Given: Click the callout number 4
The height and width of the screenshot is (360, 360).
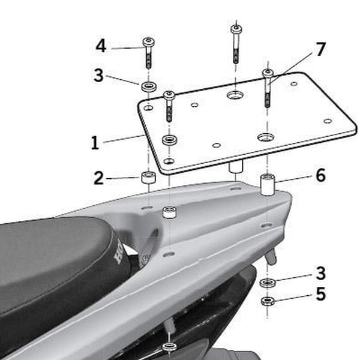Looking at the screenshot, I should [x=101, y=46].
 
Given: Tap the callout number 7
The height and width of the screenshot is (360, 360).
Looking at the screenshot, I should [x=321, y=49].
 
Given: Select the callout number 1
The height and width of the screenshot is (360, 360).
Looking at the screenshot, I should [x=95, y=143].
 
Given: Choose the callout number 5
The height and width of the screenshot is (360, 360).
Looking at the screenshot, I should [x=321, y=295].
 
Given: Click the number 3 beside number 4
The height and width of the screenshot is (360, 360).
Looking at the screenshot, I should [x=98, y=76].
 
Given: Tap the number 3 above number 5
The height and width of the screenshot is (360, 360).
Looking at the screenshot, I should [x=321, y=274].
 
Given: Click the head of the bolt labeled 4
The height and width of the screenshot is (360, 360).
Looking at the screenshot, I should [x=149, y=42].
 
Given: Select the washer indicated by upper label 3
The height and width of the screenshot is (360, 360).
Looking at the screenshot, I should [x=149, y=87].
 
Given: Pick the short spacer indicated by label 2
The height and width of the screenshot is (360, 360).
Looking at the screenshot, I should [x=148, y=178].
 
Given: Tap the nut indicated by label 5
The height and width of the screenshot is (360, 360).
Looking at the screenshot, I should [x=268, y=300].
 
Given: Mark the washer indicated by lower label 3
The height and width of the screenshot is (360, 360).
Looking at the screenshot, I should [x=268, y=282].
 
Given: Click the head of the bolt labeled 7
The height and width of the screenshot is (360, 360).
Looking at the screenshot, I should [x=268, y=73].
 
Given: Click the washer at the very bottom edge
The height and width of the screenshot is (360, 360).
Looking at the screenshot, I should [x=169, y=346].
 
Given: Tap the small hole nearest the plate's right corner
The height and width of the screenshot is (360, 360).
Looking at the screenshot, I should [x=328, y=121].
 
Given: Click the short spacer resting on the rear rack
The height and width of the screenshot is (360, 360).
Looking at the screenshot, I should [x=170, y=212].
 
